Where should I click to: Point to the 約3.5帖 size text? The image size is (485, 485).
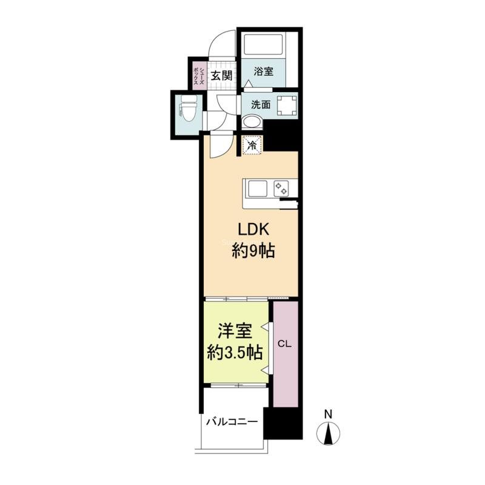235,352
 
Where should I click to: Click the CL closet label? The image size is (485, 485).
285,344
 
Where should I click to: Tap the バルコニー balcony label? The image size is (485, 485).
232,421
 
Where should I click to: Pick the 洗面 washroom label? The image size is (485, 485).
261,104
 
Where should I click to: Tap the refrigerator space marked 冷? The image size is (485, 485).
252,145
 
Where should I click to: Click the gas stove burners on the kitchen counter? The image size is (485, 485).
283,188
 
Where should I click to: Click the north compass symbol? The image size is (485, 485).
328,433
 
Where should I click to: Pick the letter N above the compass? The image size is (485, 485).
328,415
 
